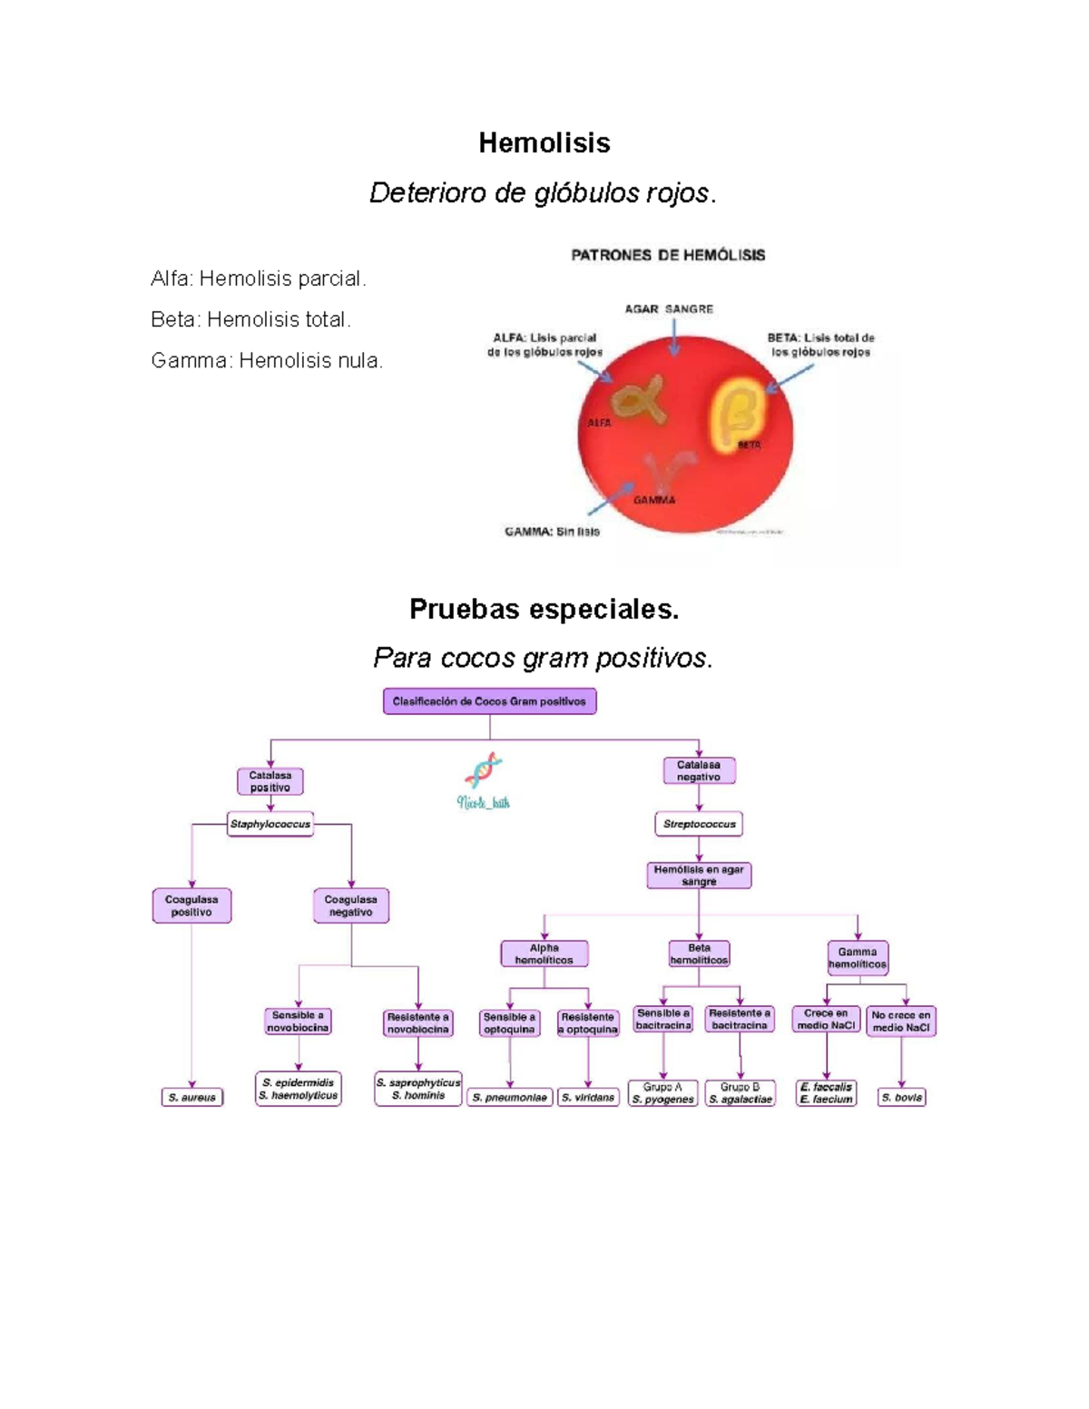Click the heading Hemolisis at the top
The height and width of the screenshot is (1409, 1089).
544,143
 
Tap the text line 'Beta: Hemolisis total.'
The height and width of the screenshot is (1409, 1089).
250,319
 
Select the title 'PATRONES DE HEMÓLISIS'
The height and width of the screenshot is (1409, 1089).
668,255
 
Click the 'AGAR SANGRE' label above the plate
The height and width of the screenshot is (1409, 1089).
669,309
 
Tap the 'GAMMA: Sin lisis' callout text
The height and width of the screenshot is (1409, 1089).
552,532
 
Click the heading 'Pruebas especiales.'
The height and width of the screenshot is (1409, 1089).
544,609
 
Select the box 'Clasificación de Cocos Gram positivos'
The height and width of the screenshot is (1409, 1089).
489,701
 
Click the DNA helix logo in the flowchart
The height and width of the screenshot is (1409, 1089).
484,771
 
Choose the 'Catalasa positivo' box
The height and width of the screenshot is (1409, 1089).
270,781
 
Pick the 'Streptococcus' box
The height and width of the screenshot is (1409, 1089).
699,824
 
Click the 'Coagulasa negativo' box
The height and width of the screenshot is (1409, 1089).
351,905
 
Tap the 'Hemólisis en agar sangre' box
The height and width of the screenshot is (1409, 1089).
699,876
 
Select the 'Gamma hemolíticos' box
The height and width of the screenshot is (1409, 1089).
857,958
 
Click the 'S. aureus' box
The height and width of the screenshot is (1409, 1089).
192,1097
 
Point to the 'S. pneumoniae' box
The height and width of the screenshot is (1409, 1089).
510,1097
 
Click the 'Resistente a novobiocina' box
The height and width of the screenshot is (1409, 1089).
417,1023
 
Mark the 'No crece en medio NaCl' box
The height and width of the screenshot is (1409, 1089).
900,1022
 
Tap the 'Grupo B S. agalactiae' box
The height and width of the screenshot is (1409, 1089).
741,1092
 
